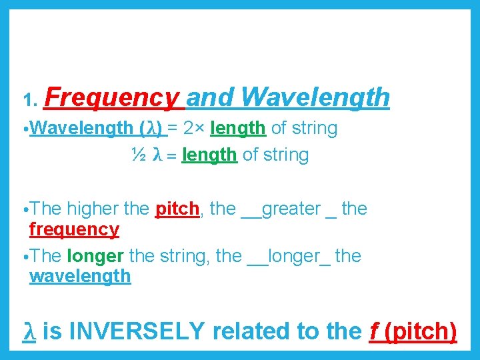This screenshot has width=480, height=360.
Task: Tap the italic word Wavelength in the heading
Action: point(315,97)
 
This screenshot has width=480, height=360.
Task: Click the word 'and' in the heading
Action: point(211,97)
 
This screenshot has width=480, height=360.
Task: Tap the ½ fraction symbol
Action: point(139,155)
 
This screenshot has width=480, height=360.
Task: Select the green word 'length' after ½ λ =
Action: point(209,155)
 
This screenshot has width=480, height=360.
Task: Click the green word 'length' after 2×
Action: point(238,128)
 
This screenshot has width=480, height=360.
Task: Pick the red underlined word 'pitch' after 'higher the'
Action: point(177,209)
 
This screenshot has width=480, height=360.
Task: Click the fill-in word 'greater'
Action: point(291,209)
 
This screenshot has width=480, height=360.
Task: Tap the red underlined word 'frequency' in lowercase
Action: point(74,229)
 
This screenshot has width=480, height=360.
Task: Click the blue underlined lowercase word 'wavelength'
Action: point(80,276)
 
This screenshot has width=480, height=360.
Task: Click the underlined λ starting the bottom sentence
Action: point(29,331)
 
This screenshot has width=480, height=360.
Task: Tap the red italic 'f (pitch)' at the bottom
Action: point(413,331)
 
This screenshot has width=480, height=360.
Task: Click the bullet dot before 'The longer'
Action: point(25,257)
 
